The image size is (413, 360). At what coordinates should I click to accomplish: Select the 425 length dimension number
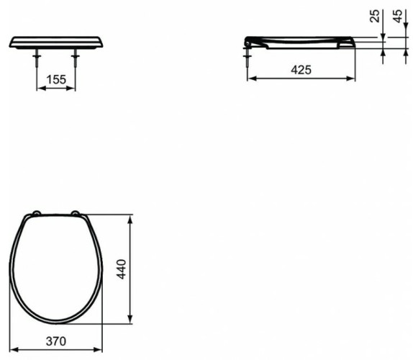coord(301,71)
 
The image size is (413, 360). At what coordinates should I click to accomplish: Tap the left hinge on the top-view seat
coord(36,213)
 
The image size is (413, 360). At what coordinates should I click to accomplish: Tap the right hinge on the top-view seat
coord(76,213)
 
